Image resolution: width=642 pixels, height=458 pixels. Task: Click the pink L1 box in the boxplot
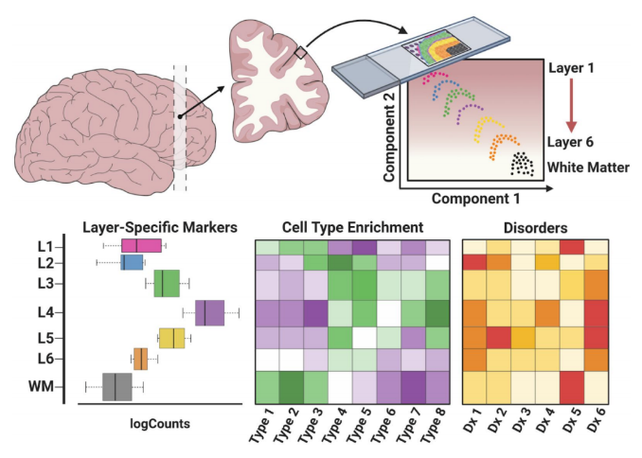tap(141, 246)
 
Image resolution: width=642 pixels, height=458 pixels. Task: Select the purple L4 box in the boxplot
tap(209, 312)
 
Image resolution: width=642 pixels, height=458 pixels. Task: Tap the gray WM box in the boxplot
tap(116, 386)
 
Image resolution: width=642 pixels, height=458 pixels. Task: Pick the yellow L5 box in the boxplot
tap(171, 338)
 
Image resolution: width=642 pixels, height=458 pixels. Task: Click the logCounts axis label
tap(159, 423)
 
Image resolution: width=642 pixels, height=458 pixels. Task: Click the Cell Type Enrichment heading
tap(352, 227)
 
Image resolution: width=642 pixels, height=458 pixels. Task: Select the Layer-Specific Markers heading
tap(160, 227)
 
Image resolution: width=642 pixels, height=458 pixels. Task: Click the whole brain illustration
tap(95, 118)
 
